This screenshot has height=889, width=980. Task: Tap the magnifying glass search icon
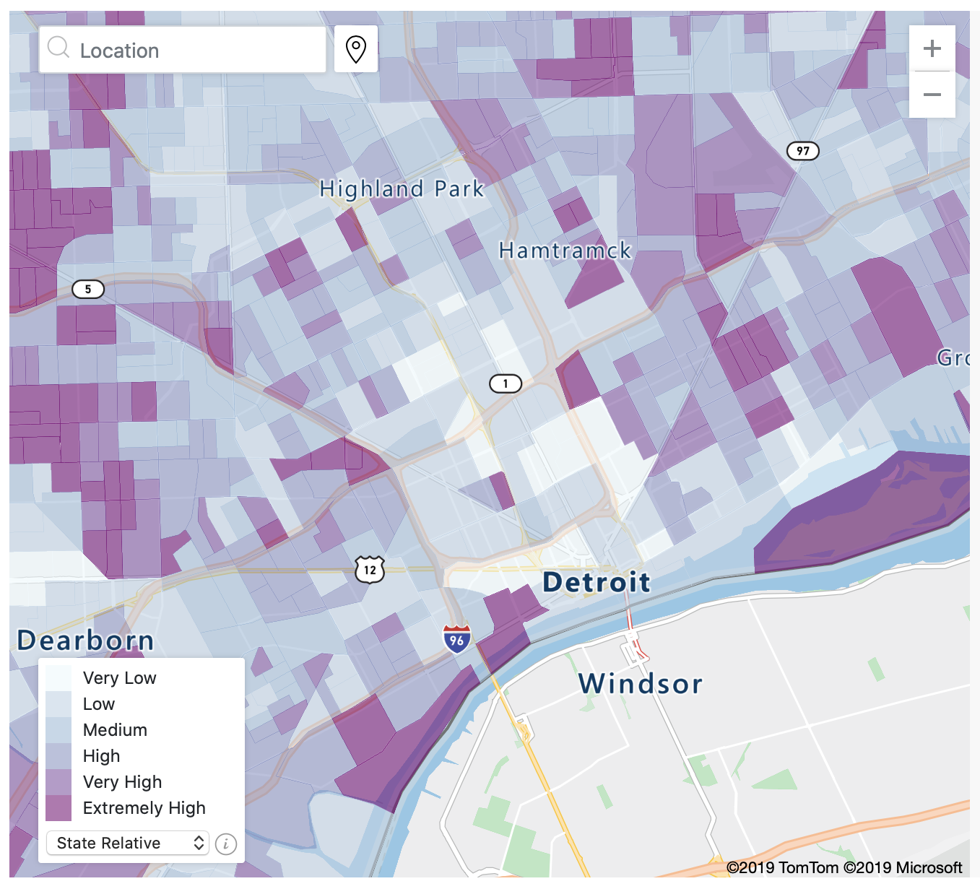point(58,48)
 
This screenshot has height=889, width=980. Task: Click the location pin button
point(356,49)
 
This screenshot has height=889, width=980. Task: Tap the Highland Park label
point(402,189)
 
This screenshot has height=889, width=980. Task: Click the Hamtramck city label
point(565,251)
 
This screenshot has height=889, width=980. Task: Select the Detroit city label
point(597,582)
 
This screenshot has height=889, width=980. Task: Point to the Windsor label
point(640,684)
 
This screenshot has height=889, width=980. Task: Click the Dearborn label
point(86,641)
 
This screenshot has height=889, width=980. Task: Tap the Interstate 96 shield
point(456,639)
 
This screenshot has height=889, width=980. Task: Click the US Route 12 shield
point(370,570)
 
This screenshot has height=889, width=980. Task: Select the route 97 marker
point(802,151)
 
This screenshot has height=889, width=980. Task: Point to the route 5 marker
point(88,290)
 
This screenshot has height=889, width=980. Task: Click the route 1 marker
point(506,383)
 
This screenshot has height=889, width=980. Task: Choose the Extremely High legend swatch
point(58,808)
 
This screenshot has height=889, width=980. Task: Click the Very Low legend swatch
point(58,678)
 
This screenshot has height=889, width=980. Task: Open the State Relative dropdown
point(128,843)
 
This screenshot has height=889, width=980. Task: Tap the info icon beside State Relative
point(226,844)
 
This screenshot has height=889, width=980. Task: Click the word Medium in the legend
point(115,730)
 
